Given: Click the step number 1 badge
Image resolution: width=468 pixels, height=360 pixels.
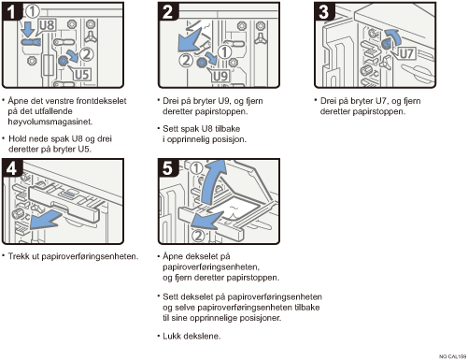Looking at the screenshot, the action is pos(11,11).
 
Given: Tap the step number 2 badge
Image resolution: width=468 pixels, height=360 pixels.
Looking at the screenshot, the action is pos(167,11).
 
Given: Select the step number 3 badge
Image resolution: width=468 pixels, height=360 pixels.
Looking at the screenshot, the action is pos(324,11).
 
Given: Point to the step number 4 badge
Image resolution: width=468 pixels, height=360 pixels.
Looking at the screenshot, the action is pos(11,168).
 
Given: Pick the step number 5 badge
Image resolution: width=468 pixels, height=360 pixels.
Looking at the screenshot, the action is pos(167,168).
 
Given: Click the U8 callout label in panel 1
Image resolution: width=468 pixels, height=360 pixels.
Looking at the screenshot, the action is pos(48,25).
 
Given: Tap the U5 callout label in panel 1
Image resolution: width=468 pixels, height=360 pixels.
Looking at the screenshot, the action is pos(82,75).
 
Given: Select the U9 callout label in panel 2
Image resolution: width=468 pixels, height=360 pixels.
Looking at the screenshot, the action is pos(220,76).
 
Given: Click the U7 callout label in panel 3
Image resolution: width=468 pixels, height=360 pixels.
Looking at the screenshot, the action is pos(406,53).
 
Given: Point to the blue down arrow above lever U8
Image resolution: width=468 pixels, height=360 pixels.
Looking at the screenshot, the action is pos(29,29).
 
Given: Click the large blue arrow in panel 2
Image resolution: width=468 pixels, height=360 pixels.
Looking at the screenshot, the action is pos(189,40).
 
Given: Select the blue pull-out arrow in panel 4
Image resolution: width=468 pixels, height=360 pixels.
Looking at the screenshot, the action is pos(46,220).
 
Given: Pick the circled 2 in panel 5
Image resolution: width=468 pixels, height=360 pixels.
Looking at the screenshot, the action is pos(198,236).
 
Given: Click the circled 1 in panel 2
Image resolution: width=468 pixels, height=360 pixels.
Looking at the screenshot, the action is pos(224,52).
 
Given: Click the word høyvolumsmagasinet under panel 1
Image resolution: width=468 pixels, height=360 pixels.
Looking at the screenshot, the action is pos(50,122).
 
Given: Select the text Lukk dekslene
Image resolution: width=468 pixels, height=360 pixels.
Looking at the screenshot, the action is pos(191,336).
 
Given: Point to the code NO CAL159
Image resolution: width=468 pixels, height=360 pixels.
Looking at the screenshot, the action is pos(452,356).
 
